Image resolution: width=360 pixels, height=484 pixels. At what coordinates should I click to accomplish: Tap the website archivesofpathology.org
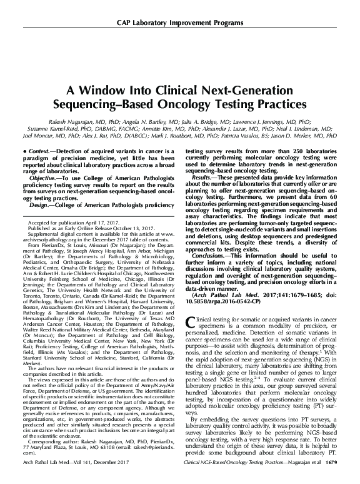[x=55, y=240]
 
